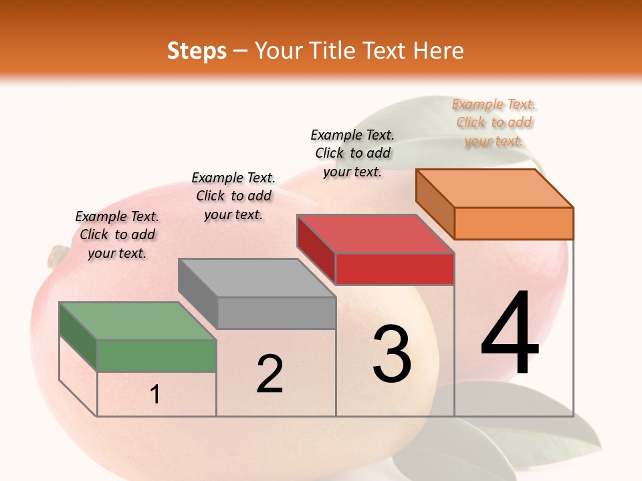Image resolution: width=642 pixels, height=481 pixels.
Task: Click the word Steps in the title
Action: tap(197, 51)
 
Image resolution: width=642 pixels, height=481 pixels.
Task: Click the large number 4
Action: tap(510, 334)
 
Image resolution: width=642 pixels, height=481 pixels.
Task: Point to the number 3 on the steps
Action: tap(392, 353)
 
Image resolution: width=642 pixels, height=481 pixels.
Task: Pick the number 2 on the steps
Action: tap(270, 374)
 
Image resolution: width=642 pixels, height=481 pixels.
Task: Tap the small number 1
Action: tap(155, 394)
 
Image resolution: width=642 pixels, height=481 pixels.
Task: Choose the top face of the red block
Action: tap(375, 234)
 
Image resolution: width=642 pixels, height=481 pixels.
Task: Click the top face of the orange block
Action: tap(494, 188)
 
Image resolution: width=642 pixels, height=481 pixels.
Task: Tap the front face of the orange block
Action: tap(514, 223)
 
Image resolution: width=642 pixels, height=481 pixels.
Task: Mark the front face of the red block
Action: tap(395, 269)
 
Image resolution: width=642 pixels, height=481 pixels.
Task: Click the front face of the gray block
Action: tap(276, 313)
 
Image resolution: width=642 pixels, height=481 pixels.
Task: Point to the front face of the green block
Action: tap(156, 355)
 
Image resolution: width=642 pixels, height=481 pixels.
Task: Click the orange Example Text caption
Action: tap(494, 122)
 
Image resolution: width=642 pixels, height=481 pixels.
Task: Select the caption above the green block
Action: tap(117, 234)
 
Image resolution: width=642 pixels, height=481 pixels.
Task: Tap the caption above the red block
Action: tap(352, 153)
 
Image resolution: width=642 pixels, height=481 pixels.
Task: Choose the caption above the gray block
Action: tap(233, 196)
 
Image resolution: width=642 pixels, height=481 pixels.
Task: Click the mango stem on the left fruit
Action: tap(59, 254)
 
